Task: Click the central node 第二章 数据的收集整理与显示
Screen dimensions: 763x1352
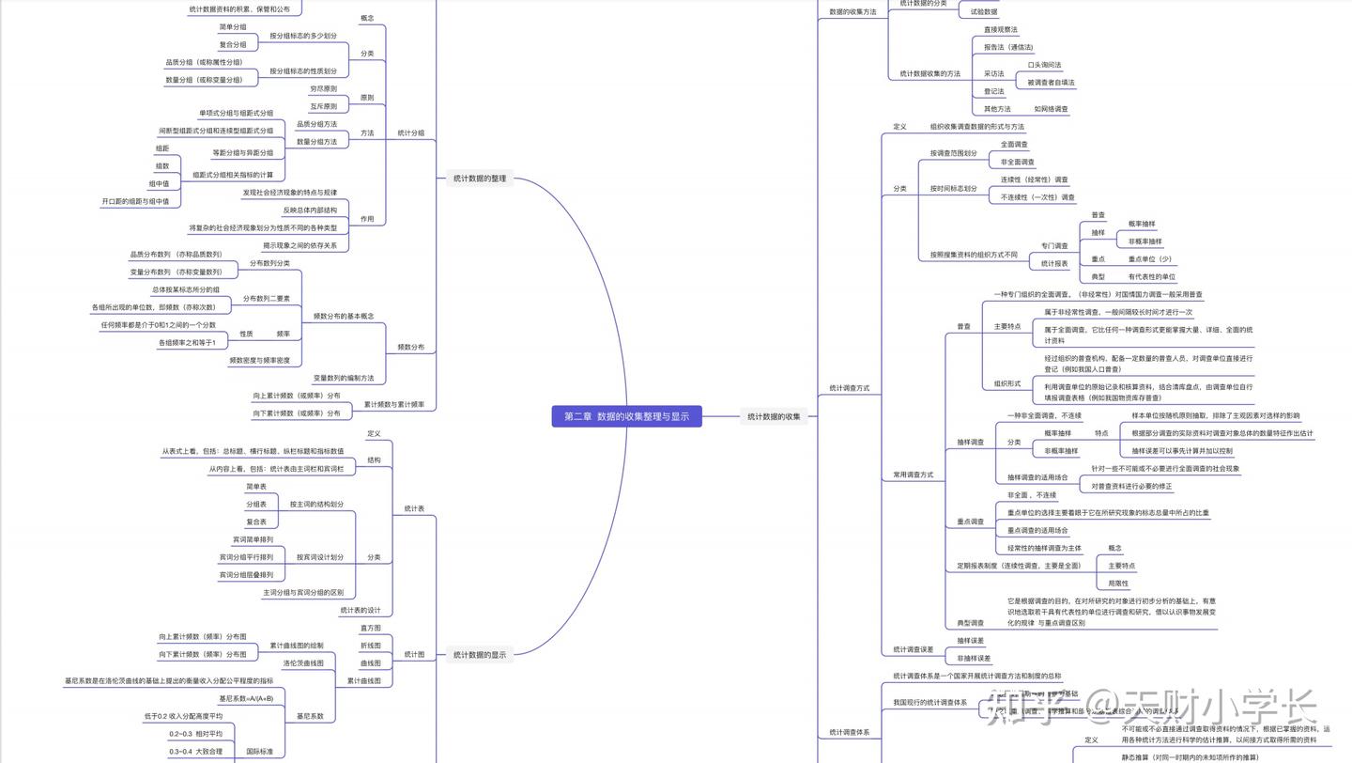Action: pos(626,416)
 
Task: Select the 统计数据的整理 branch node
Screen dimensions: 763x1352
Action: pos(479,179)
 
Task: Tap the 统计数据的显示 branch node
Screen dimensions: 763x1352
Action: pos(479,655)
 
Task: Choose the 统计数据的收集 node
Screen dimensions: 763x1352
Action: pos(774,416)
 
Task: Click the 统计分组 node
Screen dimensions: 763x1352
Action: pos(410,133)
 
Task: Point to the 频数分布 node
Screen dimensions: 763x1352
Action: pos(410,347)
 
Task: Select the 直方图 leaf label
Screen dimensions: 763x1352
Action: pos(371,628)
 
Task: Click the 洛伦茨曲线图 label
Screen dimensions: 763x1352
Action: pos(303,663)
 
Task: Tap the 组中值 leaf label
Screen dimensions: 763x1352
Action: pos(159,184)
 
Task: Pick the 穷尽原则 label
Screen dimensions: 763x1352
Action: pos(323,89)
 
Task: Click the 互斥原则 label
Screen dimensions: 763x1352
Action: pos(323,107)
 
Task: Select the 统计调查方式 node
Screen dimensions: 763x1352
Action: pos(849,387)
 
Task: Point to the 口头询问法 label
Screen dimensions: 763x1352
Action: pos(1044,66)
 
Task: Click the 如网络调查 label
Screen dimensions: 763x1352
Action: pos(1051,109)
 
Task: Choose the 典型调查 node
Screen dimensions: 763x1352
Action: pos(970,623)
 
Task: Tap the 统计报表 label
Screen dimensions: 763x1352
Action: pos(1054,264)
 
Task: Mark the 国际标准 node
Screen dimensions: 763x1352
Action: pos(260,752)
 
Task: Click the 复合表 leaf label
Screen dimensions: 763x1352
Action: pos(256,522)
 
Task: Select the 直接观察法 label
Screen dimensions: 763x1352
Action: pos(1000,30)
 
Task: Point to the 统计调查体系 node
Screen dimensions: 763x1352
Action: pos(849,732)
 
